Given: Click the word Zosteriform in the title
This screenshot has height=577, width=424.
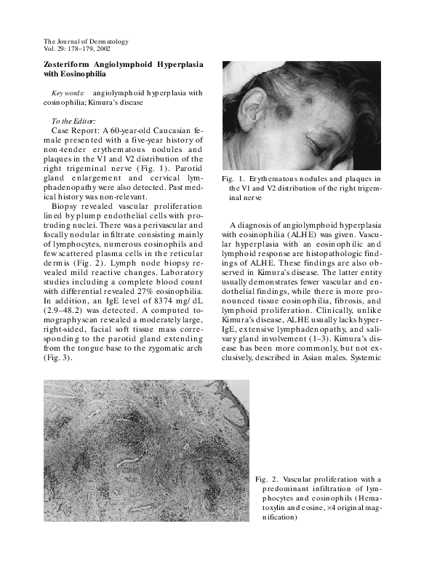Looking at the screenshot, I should click(72, 64).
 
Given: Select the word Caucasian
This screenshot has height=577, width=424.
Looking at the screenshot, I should click(167, 129).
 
